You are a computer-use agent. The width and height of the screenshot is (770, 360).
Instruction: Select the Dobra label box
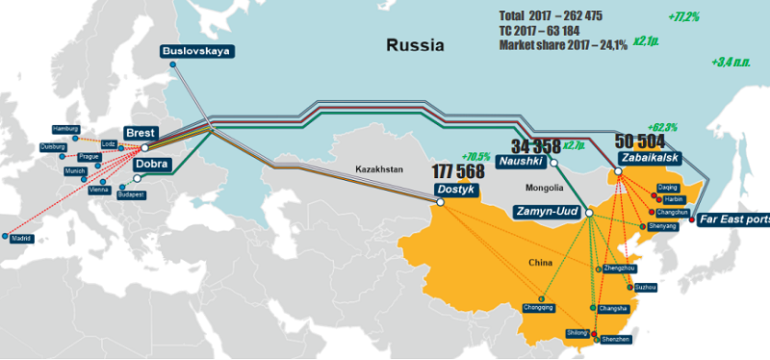152,165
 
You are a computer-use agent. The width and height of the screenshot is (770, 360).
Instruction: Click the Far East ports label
733,219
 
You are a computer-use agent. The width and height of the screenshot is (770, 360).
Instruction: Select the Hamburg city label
65,128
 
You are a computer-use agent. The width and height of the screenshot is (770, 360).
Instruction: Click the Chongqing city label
538,307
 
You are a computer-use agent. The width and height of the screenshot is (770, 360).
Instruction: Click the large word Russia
415,44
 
